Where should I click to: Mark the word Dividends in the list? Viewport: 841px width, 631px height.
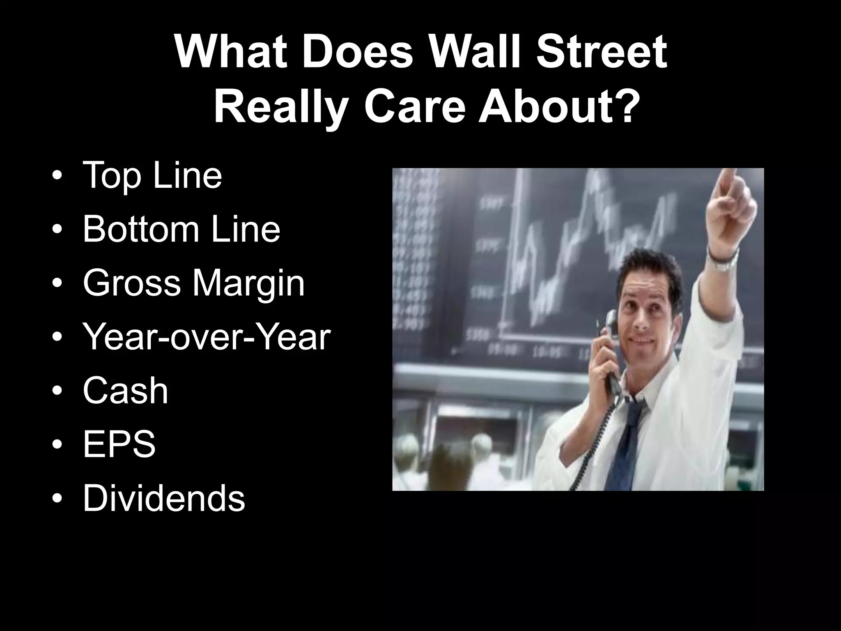[x=163, y=498]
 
